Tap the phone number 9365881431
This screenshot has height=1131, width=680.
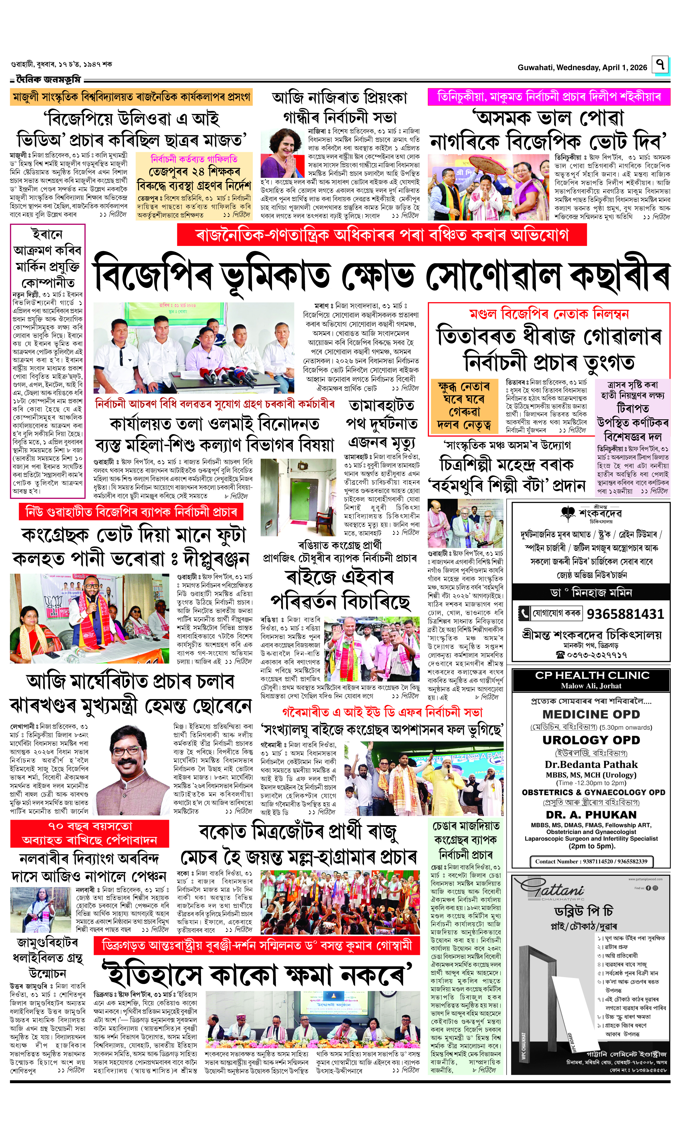click(x=625, y=614)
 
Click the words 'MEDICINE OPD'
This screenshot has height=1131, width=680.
click(x=591, y=714)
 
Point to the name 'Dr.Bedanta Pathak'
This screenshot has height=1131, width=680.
click(x=591, y=764)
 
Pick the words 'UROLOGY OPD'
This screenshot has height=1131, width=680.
click(x=591, y=740)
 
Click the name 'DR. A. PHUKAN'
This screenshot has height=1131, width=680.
click(x=591, y=815)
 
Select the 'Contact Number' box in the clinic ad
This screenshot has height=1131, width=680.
click(x=591, y=861)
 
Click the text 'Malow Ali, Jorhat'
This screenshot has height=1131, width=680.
click(x=591, y=686)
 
